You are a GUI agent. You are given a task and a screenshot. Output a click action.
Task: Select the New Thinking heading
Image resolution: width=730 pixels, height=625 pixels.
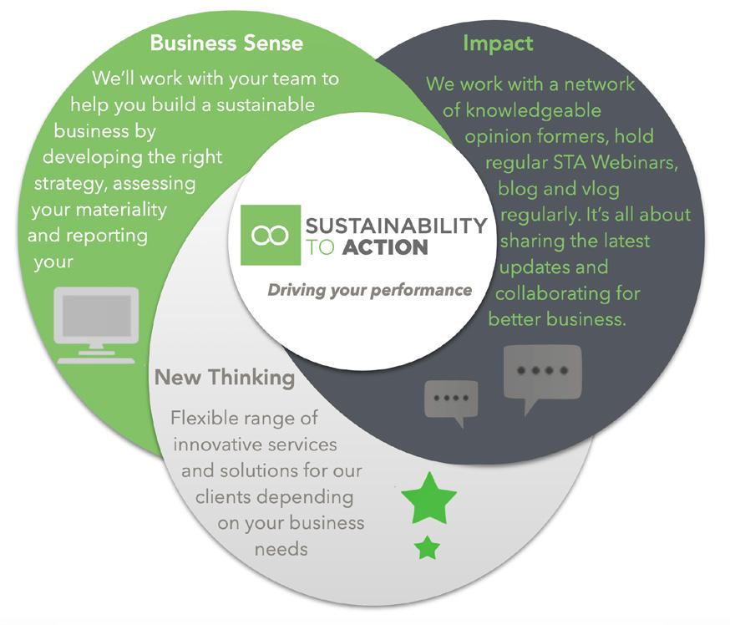coord(225,378)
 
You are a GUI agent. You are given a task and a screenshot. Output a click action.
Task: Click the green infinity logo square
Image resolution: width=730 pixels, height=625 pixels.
coord(270,235)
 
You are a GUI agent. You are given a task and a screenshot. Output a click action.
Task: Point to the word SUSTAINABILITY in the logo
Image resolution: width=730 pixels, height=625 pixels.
coord(396,226)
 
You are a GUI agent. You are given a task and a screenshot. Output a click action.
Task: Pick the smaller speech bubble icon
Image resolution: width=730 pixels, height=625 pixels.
coord(451,399)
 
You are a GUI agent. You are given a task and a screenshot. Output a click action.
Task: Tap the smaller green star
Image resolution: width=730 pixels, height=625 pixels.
coord(428,548)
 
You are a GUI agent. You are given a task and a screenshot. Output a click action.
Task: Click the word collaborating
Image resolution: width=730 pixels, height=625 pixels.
coord(568,294)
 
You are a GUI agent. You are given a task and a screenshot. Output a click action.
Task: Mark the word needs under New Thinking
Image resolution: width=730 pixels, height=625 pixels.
coord(281,549)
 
